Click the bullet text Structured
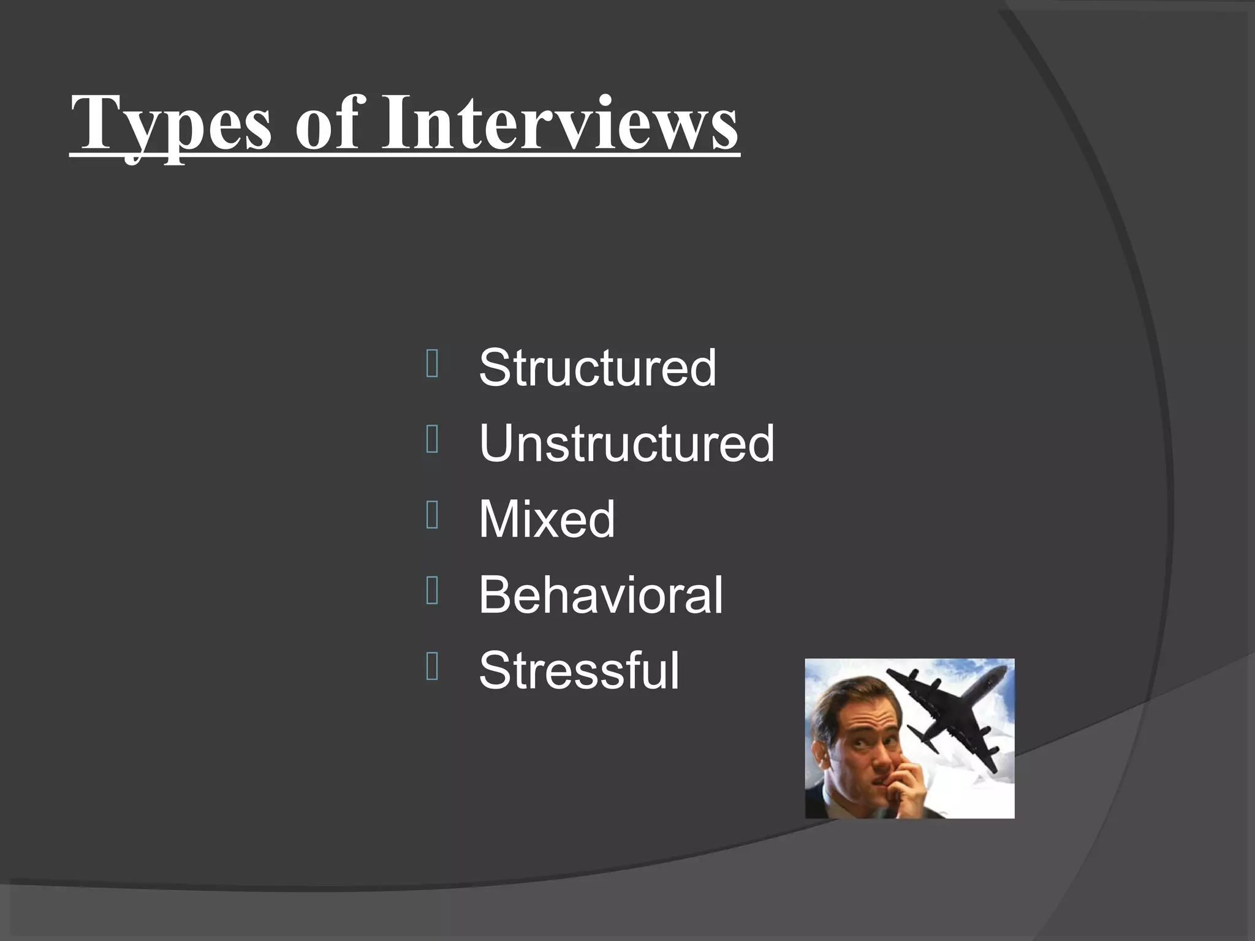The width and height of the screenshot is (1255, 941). tap(597, 368)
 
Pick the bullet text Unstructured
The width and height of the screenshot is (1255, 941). tap(626, 443)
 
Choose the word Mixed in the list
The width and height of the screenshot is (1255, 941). tap(546, 519)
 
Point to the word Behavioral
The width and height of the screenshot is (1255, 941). tap(601, 594)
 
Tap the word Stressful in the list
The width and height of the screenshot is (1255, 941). tap(579, 670)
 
